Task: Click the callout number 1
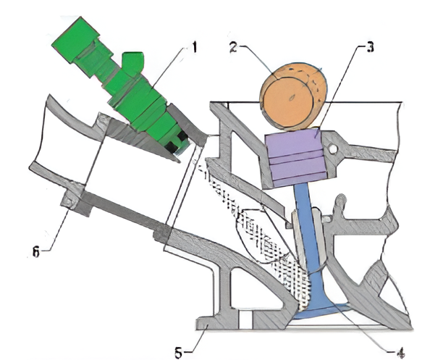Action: (194, 48)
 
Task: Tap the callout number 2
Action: (233, 47)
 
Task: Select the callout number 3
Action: (370, 47)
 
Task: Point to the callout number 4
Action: (400, 353)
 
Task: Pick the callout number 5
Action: (179, 353)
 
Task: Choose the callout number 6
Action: (36, 251)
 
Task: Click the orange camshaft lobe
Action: (293, 96)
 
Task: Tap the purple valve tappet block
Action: (295, 158)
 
